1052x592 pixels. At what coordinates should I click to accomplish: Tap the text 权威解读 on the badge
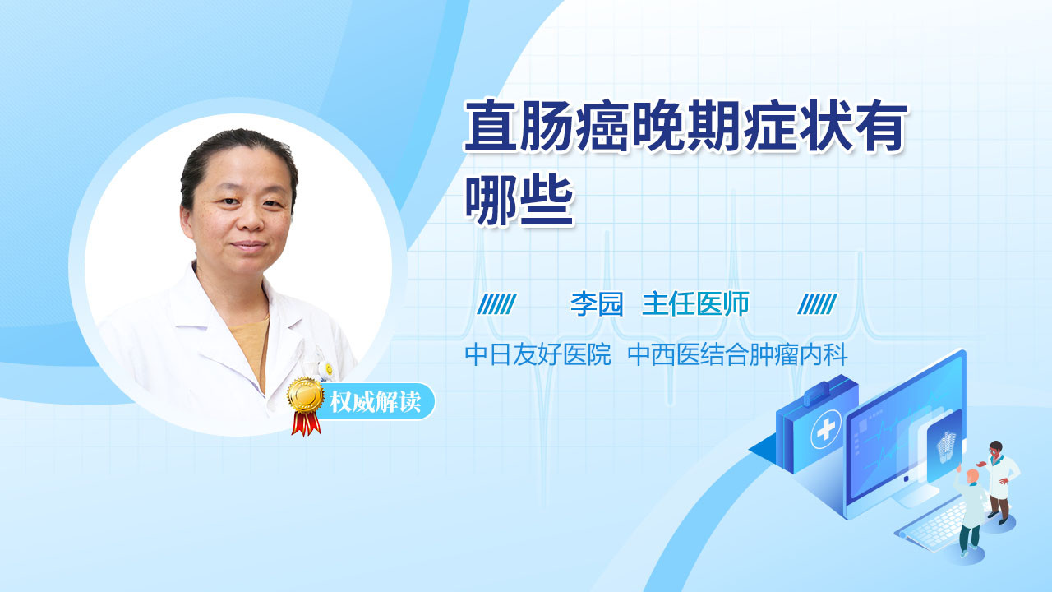pos(375,402)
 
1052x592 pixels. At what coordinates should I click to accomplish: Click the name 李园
pos(597,304)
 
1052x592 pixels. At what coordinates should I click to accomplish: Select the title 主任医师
pos(695,304)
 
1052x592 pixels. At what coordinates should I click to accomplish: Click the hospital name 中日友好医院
pos(538,354)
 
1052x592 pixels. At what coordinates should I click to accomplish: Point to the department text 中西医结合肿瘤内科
pos(738,354)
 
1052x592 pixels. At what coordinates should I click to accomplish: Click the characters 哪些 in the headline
pos(519,200)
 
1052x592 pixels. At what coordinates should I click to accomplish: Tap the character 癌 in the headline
pos(602,126)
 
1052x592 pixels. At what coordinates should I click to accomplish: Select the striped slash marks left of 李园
pos(496,304)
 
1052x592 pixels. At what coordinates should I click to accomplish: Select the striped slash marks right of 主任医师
pos(817,304)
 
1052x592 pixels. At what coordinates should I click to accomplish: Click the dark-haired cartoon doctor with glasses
pos(999,482)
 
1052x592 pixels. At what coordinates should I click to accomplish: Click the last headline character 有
pos(879,126)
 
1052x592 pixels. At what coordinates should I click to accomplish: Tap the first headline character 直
pos(491,126)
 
